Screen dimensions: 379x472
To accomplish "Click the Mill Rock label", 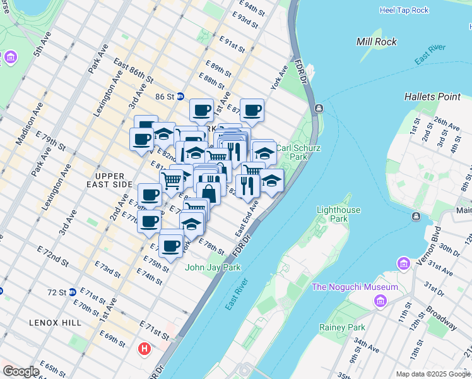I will pyautogui.click(x=377, y=42).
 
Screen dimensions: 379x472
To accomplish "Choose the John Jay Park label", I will pyautogui.click(x=213, y=267).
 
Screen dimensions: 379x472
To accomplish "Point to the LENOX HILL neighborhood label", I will pyautogui.click(x=55, y=322).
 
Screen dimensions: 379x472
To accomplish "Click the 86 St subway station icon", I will pyautogui.click(x=180, y=97).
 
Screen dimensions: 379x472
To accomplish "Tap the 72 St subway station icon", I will pyautogui.click(x=73, y=292).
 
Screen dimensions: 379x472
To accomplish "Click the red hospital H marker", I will pyautogui.click(x=145, y=348).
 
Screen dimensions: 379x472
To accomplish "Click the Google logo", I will pyautogui.click(x=20, y=371).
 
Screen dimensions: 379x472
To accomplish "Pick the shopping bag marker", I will pyautogui.click(x=208, y=193).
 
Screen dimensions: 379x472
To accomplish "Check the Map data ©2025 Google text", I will pyautogui.click(x=433, y=374).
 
